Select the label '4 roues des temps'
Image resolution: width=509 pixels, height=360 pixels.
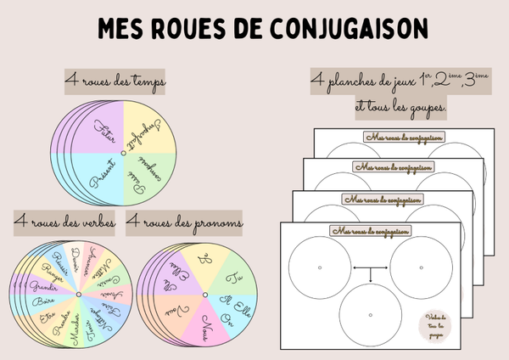(x=115, y=82)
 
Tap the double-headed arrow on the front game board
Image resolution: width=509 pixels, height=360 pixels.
(x=371, y=272)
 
